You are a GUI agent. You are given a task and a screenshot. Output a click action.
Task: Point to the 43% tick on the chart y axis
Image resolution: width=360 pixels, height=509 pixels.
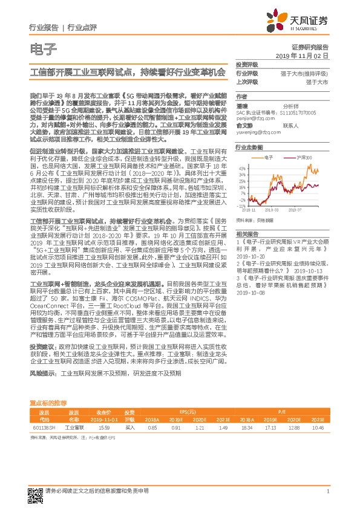click(x=240, y=168)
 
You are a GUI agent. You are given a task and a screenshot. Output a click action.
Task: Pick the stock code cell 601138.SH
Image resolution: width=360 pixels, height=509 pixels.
click(x=44, y=427)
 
